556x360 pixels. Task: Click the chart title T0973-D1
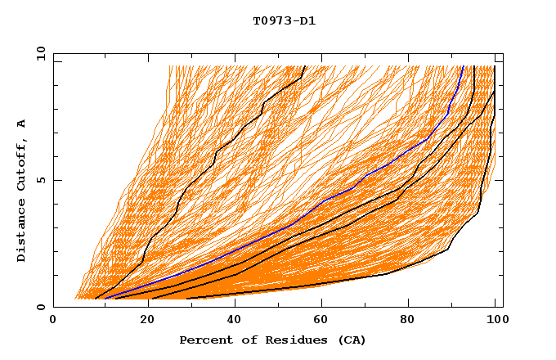click(284, 21)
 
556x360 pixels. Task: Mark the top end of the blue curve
click(463, 66)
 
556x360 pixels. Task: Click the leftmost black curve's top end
click(305, 66)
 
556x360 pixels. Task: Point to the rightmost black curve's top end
click(495, 66)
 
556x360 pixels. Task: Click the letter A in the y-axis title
click(22, 123)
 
